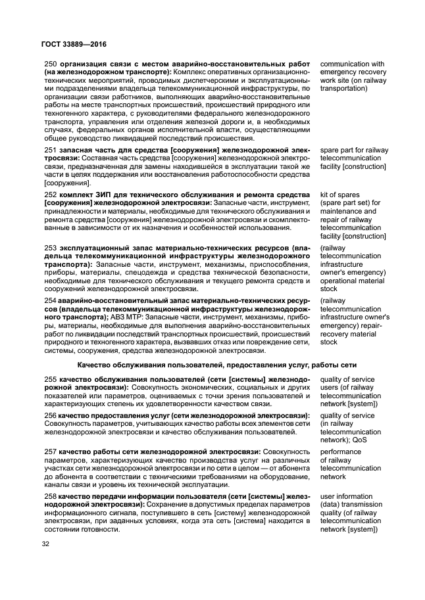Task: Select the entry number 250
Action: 50,64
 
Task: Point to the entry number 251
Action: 50,151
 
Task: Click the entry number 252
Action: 50,195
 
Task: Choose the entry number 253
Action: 50,248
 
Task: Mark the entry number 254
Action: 50,300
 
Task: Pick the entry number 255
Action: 50,380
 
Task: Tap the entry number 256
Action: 50,416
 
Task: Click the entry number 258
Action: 50,496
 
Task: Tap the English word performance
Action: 342,452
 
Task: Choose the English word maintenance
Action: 344,211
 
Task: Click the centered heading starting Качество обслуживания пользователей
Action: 216,364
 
